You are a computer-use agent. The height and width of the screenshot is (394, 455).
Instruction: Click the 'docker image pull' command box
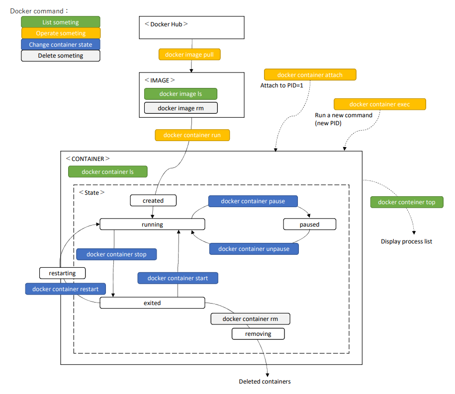(x=189, y=55)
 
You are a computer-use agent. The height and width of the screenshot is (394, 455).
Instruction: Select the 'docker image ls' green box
(x=181, y=94)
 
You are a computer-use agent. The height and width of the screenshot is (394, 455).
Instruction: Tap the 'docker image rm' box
(x=181, y=108)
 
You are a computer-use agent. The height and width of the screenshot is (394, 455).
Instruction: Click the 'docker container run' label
(x=192, y=135)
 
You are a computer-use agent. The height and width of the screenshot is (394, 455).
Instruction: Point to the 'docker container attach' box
(x=310, y=75)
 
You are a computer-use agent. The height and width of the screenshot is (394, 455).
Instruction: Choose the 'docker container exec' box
(x=380, y=104)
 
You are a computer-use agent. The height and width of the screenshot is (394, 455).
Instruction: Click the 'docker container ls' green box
(x=108, y=172)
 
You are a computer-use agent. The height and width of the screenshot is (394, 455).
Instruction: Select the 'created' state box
(x=153, y=201)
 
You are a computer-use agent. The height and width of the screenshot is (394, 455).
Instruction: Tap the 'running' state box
(x=152, y=225)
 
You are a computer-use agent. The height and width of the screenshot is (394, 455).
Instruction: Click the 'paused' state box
(x=309, y=225)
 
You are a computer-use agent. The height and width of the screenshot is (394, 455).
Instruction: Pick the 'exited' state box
(x=152, y=303)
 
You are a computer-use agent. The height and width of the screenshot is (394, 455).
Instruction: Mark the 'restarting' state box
(x=62, y=273)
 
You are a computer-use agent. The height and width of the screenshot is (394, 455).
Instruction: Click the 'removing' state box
(x=258, y=334)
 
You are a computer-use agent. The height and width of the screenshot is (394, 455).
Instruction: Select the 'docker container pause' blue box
(x=253, y=201)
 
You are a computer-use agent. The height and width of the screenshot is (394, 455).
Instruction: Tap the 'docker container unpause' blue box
(x=254, y=249)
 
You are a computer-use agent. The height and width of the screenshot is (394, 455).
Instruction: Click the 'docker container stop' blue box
(x=116, y=254)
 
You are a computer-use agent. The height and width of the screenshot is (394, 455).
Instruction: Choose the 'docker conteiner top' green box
(x=406, y=202)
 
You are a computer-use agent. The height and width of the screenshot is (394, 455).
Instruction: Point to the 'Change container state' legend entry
(x=61, y=45)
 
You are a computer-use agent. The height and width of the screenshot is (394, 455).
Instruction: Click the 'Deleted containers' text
(x=265, y=382)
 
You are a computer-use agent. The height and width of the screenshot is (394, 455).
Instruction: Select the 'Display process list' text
(x=406, y=241)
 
